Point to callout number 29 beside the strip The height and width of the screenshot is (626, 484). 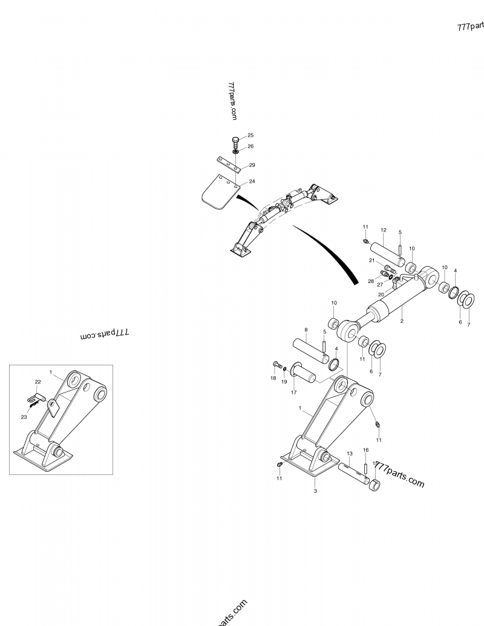pos(252,165)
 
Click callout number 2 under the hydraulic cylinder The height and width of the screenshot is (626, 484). pos(402,322)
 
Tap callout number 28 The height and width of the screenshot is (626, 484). pos(371,281)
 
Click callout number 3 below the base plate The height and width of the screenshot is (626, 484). pos(315,491)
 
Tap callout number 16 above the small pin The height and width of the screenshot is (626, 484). pos(365,451)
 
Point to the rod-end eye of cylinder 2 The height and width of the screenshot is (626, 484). pos(350,330)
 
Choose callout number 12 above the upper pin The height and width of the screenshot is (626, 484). pos(383,230)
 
